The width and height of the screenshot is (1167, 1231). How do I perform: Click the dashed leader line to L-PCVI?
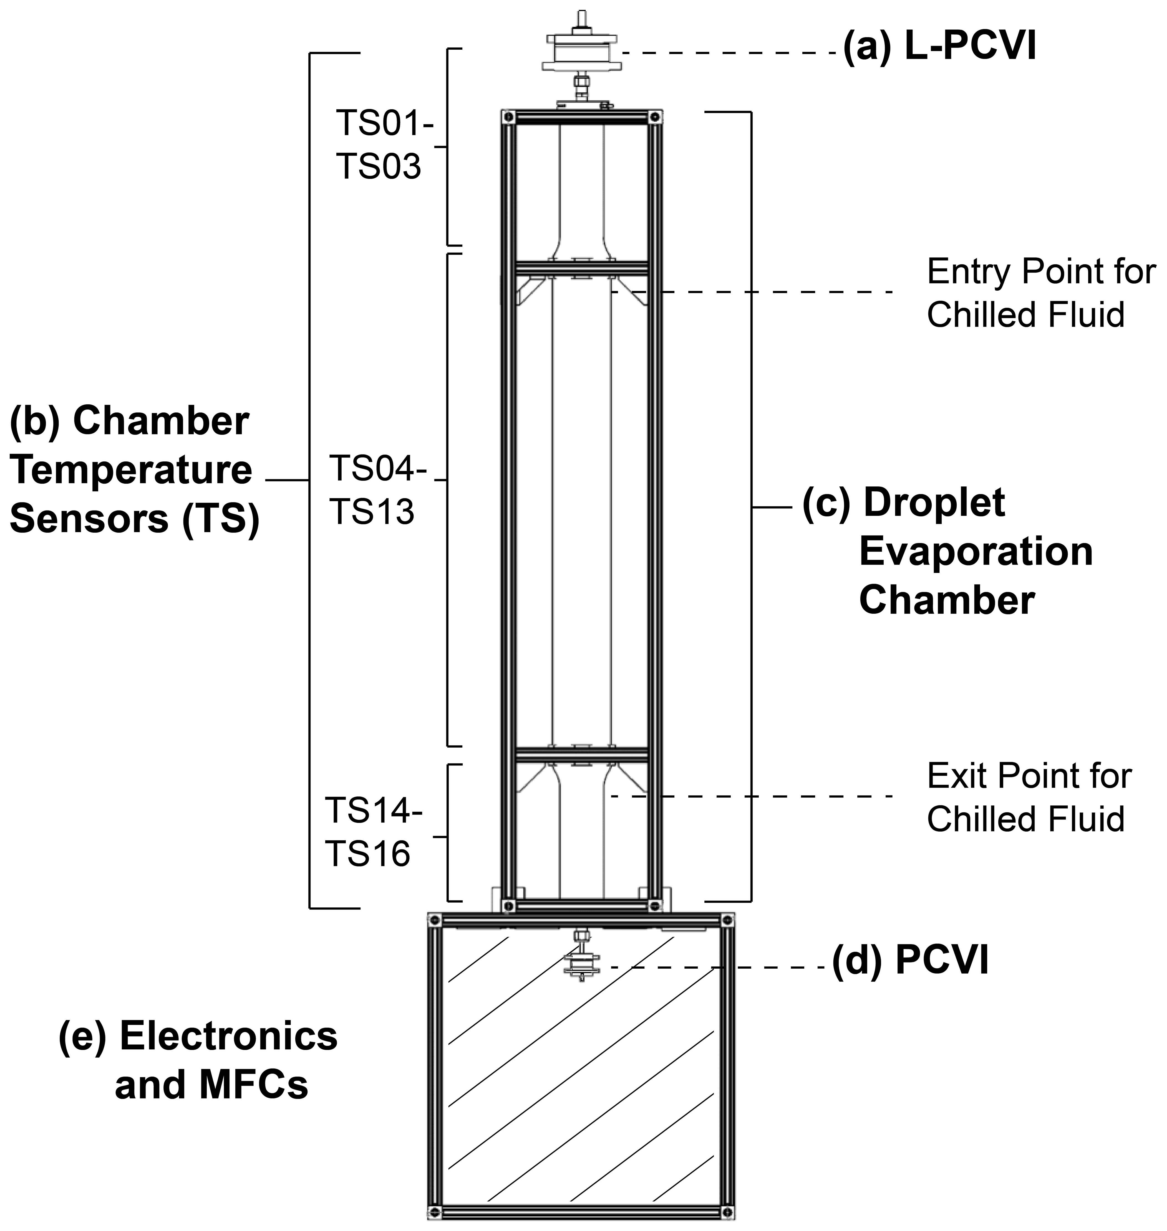[728, 54]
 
